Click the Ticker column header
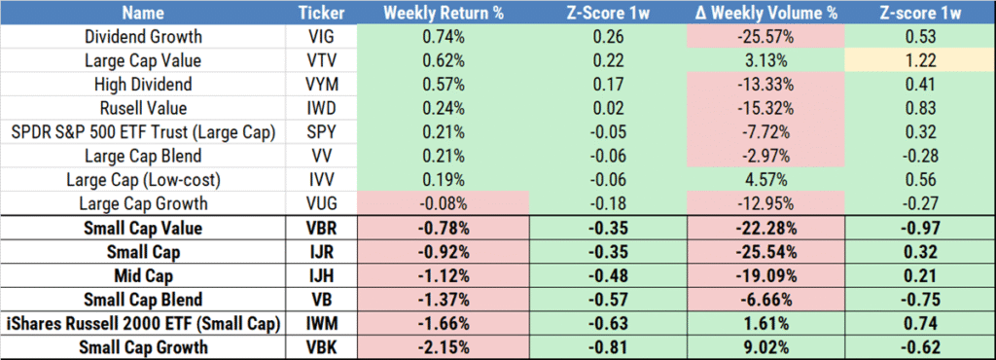click(319, 14)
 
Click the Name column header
click(145, 14)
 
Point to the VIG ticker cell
click(319, 38)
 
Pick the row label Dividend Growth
click(145, 38)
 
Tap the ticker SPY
click(319, 131)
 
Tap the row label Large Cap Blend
click(145, 155)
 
